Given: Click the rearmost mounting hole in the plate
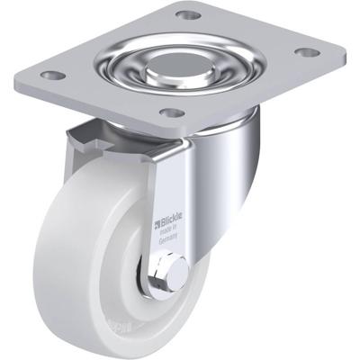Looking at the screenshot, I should [187, 15].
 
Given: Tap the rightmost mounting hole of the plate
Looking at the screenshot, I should [307, 52].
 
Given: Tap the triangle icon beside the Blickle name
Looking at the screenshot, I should [158, 218].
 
